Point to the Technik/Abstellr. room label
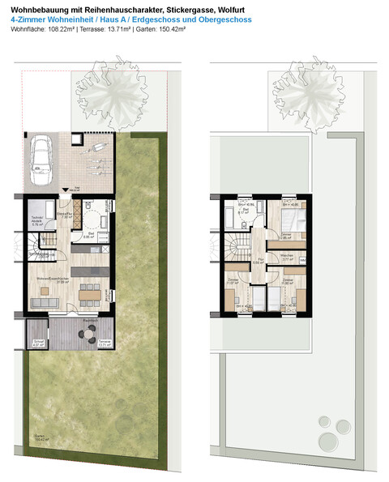(x=37, y=221)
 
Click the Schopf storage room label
(x=38, y=343)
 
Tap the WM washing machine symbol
(x=302, y=260)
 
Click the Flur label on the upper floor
(x=256, y=261)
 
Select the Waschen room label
(x=287, y=255)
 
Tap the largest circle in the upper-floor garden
(x=328, y=441)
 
